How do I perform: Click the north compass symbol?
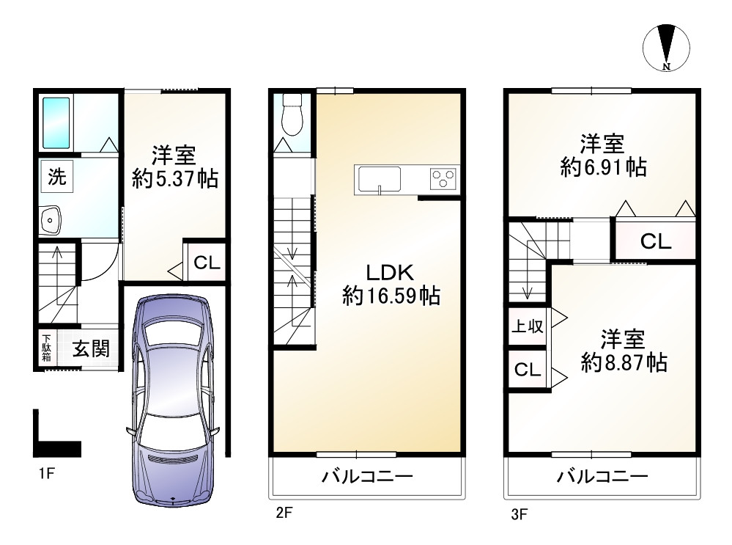click(666, 48)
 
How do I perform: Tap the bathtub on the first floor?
click(56, 122)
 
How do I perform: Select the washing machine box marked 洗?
click(57, 176)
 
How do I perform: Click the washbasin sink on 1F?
click(50, 220)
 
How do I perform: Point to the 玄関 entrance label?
click(91, 348)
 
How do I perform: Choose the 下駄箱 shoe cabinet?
click(46, 348)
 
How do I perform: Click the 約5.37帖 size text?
click(175, 178)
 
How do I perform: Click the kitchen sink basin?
click(379, 180)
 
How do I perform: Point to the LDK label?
click(390, 272)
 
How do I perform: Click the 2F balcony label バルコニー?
click(367, 477)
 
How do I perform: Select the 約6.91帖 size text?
click(603, 167)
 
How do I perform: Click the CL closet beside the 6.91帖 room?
click(656, 241)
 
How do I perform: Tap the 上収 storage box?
click(528, 326)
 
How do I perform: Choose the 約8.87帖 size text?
click(624, 362)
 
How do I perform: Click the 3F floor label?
click(519, 515)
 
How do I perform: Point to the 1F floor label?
click(47, 474)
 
